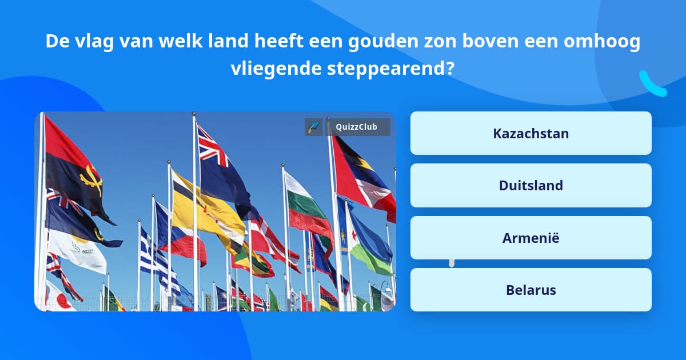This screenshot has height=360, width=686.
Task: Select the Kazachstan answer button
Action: coord(531,133)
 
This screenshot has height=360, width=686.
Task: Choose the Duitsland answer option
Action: coord(531,186)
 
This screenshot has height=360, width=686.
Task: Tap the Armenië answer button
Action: coord(531,238)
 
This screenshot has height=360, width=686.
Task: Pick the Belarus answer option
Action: coord(531,290)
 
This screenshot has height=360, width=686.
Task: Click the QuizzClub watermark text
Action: coord(357,127)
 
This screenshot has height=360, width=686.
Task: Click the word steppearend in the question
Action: coord(391,69)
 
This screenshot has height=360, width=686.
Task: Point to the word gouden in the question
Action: coord(383,41)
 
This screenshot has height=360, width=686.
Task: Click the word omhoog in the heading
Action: coord(602,41)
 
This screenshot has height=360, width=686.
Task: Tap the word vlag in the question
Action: coord(94,41)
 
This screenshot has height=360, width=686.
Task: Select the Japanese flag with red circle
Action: coord(60,297)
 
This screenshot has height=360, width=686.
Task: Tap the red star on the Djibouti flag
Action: coord(354,235)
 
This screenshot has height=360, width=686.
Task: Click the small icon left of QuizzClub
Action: coord(314,127)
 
